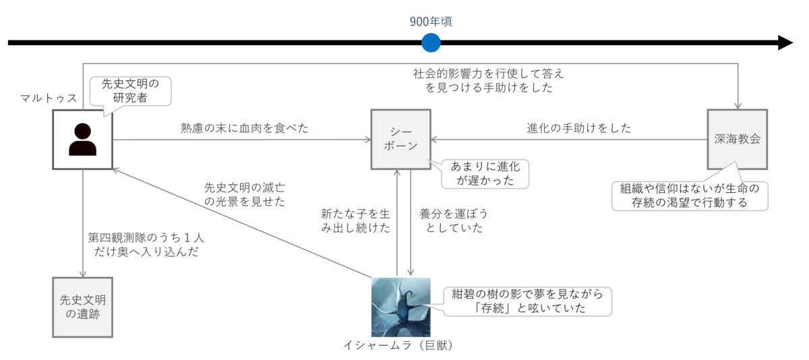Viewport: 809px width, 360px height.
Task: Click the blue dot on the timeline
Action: [x=431, y=43]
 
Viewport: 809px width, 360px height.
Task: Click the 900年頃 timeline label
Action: [x=431, y=22]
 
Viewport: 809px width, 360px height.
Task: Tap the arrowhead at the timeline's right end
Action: [x=786, y=43]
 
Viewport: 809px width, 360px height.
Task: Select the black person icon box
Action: [x=82, y=140]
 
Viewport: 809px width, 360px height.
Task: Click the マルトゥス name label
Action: [x=49, y=98]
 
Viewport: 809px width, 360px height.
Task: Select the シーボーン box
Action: [x=400, y=140]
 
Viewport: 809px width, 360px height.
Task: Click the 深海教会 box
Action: [x=737, y=140]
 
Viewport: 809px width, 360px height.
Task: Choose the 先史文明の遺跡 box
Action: [x=82, y=307]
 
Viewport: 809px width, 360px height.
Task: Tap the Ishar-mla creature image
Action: [x=400, y=307]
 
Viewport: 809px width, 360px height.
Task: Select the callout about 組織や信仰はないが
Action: [x=690, y=195]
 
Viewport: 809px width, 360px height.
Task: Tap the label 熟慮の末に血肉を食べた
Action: [x=244, y=127]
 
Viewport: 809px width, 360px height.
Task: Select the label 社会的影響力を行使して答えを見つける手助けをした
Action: [x=488, y=80]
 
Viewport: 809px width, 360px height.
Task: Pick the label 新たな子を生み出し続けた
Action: [x=355, y=220]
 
